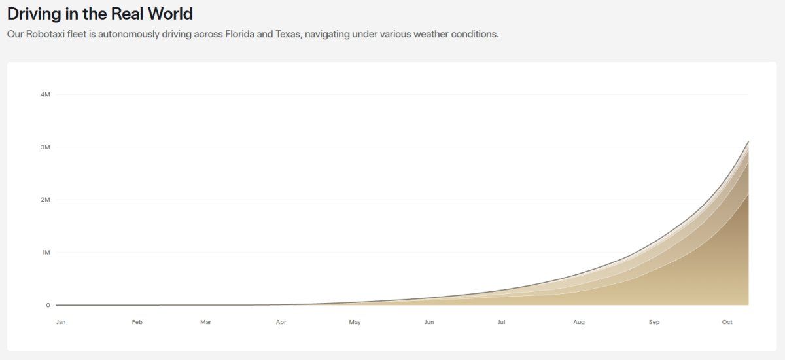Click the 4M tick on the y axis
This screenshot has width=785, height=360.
(x=46, y=94)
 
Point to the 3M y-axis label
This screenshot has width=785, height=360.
(x=46, y=147)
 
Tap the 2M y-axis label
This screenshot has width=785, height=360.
(x=46, y=200)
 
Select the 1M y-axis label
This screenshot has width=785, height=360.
(x=46, y=253)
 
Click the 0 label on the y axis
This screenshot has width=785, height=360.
(x=48, y=305)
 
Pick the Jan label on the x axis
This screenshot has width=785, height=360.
(x=61, y=322)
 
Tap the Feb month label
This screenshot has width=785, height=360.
(x=137, y=322)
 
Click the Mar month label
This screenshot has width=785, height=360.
(x=205, y=322)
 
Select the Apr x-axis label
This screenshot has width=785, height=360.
(x=281, y=322)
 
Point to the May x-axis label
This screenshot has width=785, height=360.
(x=355, y=322)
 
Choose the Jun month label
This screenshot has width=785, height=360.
(x=429, y=322)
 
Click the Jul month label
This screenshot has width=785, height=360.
(x=502, y=322)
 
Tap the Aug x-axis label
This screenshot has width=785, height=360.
(x=579, y=322)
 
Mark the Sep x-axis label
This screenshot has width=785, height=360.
(x=654, y=322)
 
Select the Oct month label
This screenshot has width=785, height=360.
(x=727, y=322)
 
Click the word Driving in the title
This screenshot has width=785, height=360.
(x=34, y=14)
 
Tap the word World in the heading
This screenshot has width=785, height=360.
(x=170, y=14)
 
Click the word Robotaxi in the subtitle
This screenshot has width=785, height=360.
(x=46, y=34)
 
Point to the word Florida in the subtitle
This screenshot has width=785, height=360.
(x=239, y=34)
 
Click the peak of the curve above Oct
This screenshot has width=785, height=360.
(x=748, y=141)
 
